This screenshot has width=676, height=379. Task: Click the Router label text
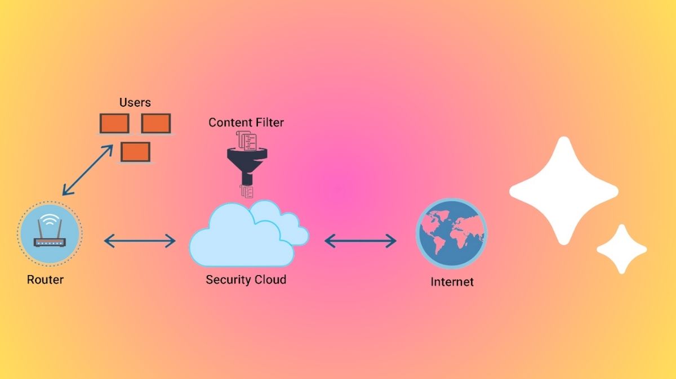[45, 279]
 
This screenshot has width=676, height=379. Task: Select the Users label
[135, 102]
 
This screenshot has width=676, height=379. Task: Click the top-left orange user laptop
[114, 124]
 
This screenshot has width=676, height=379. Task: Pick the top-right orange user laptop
[156, 124]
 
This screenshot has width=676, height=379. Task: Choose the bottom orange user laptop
[135, 152]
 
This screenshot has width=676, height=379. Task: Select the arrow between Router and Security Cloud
[140, 242]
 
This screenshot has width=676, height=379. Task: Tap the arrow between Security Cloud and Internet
[361, 242]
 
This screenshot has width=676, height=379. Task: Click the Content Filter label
[246, 123]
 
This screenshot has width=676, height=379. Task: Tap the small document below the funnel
[246, 192]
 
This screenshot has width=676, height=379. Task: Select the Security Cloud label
[246, 279]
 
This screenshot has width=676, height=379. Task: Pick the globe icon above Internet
[451, 233]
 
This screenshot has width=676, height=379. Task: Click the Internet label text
[452, 282]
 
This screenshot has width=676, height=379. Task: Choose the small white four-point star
[622, 249]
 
